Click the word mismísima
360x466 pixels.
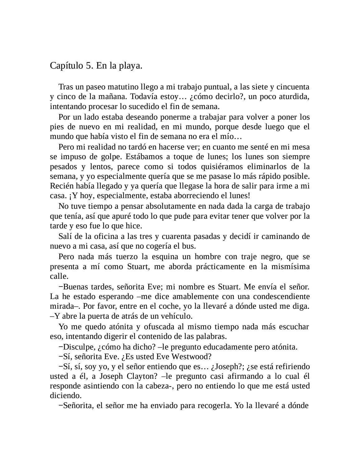pyautogui.click(x=290, y=267)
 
